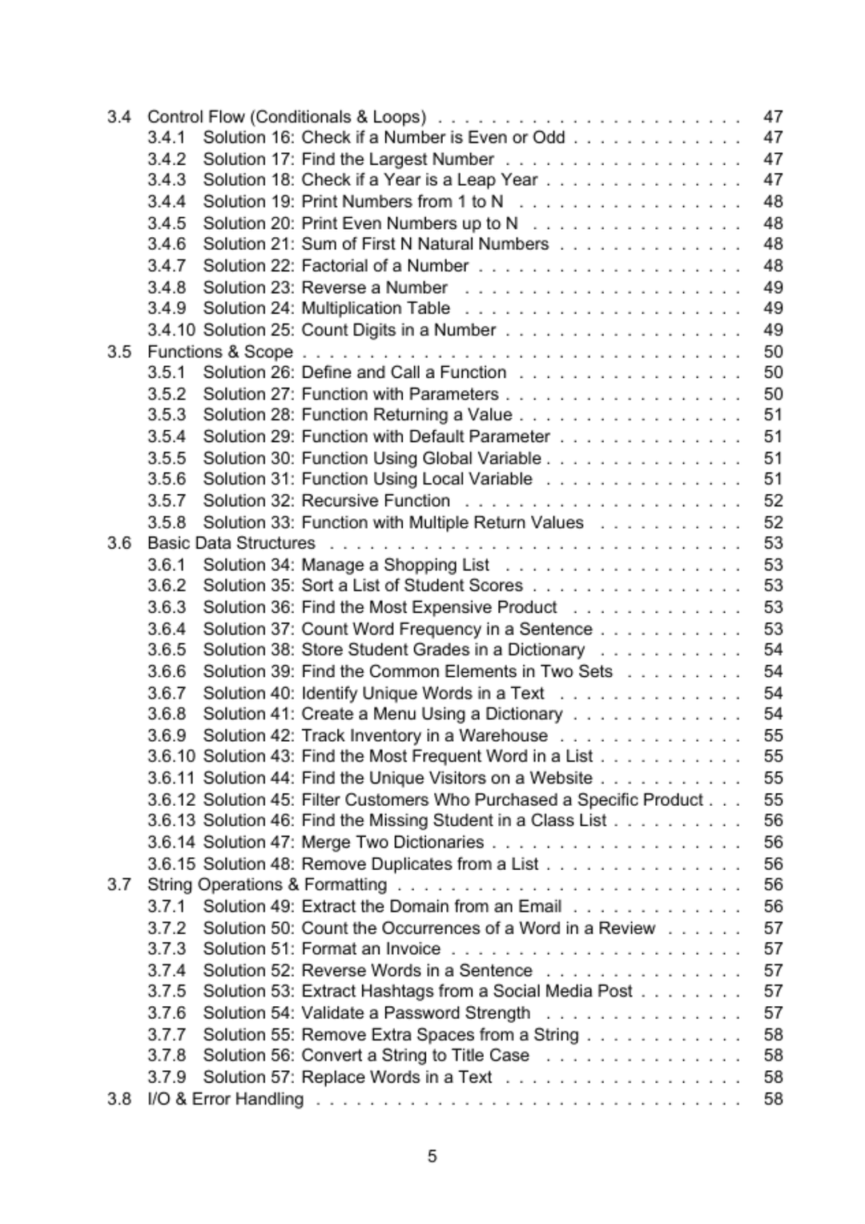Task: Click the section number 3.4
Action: pyautogui.click(x=119, y=117)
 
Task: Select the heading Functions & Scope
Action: pyautogui.click(x=219, y=352)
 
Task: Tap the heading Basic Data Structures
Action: pyautogui.click(x=231, y=543)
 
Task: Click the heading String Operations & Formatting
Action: pyautogui.click(x=267, y=885)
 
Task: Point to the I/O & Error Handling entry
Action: pyautogui.click(x=225, y=1099)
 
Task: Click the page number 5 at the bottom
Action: pyautogui.click(x=432, y=1156)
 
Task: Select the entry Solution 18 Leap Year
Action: pyautogui.click(x=370, y=180)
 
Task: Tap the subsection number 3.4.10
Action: pyautogui.click(x=171, y=330)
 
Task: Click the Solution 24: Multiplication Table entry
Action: pyautogui.click(x=326, y=308)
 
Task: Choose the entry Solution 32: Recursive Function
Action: pyautogui.click(x=326, y=501)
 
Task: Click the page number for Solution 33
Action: pyautogui.click(x=773, y=522)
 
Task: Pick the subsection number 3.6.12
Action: pyautogui.click(x=171, y=799)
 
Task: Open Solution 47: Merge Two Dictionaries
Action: pyautogui.click(x=343, y=842)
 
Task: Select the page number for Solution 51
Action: pyautogui.click(x=773, y=949)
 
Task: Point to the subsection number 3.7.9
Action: pyautogui.click(x=167, y=1077)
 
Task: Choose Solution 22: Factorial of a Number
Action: pyautogui.click(x=336, y=266)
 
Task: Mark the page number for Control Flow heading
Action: pyautogui.click(x=773, y=117)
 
